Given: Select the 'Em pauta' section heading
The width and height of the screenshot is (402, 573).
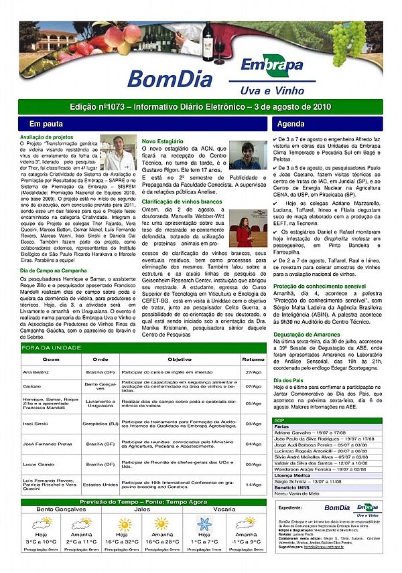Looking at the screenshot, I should [46, 125].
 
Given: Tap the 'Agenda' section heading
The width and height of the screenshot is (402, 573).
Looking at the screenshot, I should [290, 125].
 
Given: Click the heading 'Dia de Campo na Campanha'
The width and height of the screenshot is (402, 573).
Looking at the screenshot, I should [51, 270].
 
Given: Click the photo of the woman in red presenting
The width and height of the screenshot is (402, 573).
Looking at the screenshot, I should [248, 228].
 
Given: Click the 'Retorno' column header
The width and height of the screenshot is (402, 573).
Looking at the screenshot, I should [253, 359].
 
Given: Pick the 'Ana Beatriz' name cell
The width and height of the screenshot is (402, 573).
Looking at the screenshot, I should [36, 372].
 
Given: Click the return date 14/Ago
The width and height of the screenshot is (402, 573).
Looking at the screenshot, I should [253, 484].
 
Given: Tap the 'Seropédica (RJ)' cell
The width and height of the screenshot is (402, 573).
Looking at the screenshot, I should [100, 424].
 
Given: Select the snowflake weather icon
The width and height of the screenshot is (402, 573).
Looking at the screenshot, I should [204, 523].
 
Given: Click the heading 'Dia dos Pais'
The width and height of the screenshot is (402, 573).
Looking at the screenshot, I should [289, 380].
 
